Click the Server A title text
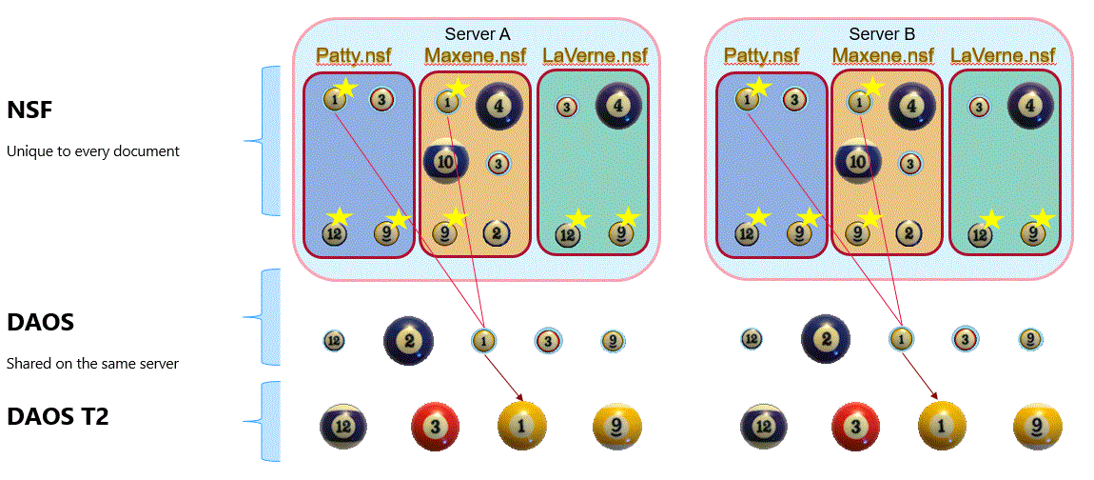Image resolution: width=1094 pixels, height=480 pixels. point(477,34)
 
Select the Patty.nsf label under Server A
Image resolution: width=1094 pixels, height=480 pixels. point(353,55)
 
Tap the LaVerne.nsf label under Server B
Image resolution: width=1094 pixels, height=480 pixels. point(1003,55)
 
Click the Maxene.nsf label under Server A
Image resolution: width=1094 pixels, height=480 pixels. point(475,55)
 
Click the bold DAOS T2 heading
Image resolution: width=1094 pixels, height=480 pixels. point(58,416)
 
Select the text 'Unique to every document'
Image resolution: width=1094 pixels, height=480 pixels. point(93,151)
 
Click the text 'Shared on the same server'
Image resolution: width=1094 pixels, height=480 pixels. point(93,364)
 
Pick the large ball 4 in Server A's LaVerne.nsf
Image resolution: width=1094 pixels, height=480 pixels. point(619,106)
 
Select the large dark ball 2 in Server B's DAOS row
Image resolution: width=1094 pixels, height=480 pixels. point(825,339)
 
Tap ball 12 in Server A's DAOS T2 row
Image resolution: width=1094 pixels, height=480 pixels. point(344,426)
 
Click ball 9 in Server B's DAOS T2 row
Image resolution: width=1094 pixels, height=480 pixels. point(1037,425)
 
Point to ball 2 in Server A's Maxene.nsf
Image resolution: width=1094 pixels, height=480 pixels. point(495,232)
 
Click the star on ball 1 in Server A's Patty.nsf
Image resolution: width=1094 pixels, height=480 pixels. point(346,89)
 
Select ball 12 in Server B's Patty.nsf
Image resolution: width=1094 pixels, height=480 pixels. point(747,233)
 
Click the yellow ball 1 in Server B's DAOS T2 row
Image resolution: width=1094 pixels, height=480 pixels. point(942,425)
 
